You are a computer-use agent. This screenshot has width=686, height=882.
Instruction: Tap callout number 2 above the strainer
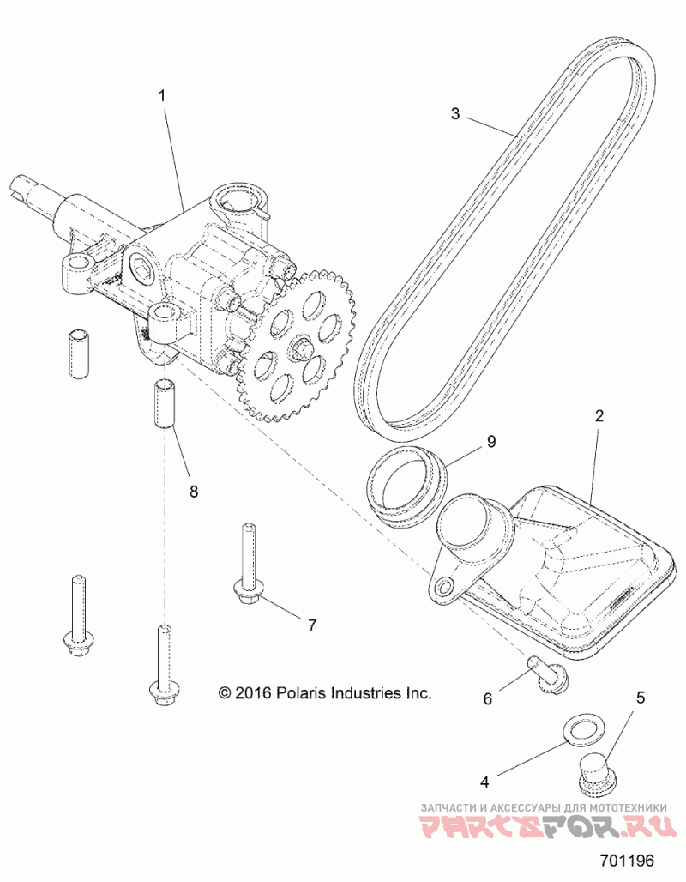coord(599,417)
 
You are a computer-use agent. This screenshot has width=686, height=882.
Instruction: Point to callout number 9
coord(490,442)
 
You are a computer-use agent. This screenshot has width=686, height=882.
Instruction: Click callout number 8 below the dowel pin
coord(193,492)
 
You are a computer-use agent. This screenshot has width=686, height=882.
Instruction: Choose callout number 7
coord(311,624)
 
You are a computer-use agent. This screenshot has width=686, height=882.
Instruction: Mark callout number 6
coord(488,698)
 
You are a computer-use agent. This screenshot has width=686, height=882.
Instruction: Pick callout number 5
coord(639,698)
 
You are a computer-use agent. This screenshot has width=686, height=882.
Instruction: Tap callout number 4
coord(484,782)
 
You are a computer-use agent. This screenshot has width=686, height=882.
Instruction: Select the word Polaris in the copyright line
coord(302,692)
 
